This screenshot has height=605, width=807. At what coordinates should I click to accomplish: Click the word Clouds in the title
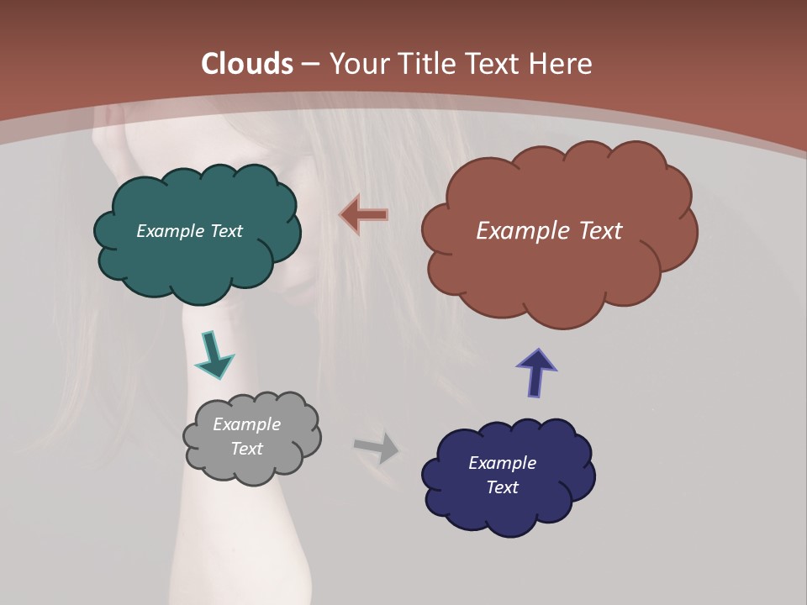pyautogui.click(x=247, y=64)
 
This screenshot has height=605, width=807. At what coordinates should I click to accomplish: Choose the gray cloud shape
pyautogui.click(x=252, y=466)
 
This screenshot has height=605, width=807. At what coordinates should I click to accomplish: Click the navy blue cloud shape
pyautogui.click(x=508, y=513)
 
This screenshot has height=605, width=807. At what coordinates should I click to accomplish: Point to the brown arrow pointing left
pyautogui.click(x=364, y=216)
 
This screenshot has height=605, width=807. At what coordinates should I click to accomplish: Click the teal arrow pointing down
pyautogui.click(x=214, y=354)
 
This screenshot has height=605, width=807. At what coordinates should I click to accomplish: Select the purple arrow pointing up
pyautogui.click(x=536, y=371)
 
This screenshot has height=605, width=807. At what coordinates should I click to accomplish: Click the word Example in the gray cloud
pyautogui.click(x=246, y=424)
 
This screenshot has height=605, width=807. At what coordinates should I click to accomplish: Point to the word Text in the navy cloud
pyautogui.click(x=502, y=487)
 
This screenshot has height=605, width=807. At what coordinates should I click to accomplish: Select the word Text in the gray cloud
pyautogui.click(x=246, y=449)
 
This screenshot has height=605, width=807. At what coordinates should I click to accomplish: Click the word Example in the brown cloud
pyautogui.click(x=515, y=231)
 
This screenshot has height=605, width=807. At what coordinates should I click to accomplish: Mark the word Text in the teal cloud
pyautogui.click(x=226, y=231)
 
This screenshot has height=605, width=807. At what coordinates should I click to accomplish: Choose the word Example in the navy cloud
pyautogui.click(x=502, y=463)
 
